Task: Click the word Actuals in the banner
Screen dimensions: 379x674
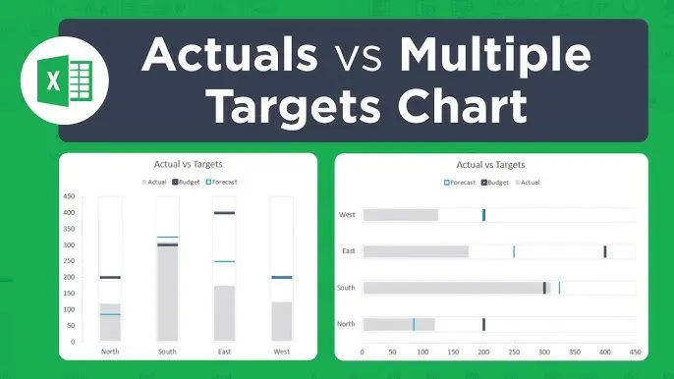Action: point(229,55)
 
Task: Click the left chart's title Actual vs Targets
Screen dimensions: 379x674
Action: point(195,164)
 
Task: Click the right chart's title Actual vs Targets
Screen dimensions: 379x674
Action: point(491,165)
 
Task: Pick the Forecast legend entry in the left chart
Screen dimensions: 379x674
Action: point(225,182)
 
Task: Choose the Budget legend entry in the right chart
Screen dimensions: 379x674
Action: point(495,183)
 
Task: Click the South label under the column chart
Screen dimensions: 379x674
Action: point(167,351)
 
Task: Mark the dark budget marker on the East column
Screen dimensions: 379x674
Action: point(224,212)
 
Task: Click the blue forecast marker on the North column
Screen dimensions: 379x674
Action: point(109,314)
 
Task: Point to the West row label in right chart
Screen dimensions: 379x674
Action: point(347,215)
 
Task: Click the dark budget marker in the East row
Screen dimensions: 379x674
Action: point(605,251)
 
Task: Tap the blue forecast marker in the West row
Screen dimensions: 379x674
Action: point(483,215)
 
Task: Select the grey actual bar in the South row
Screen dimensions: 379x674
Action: point(452,288)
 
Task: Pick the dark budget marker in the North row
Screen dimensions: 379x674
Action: point(483,324)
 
